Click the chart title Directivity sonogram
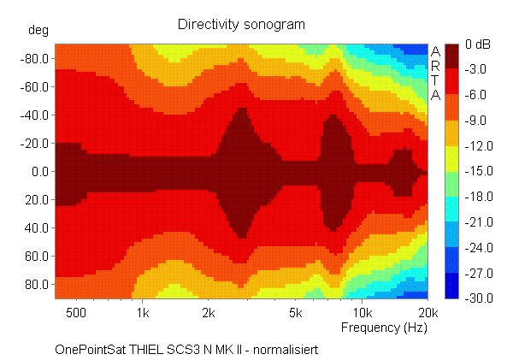241,24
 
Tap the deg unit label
39,30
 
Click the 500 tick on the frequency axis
76,313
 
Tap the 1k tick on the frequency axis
143,313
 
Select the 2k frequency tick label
209,313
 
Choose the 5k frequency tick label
297,313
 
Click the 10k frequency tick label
363,313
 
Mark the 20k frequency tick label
428,313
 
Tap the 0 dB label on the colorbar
476,44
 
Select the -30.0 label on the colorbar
477,298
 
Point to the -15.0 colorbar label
477,171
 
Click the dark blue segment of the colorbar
452,286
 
